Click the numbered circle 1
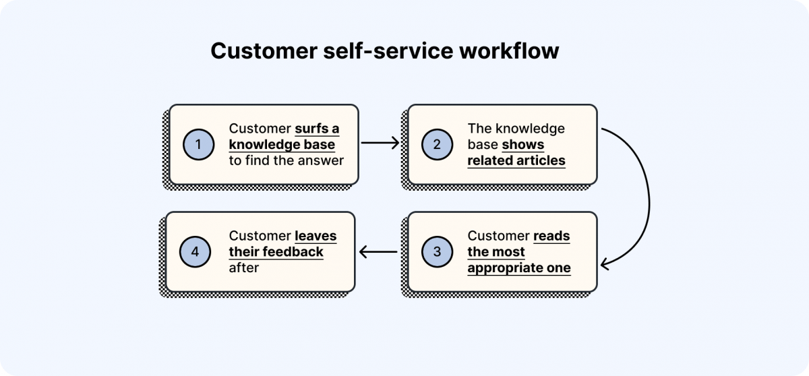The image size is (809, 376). pos(198,144)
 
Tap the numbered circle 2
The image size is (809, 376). pos(437,144)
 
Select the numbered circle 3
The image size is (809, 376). pos(437,252)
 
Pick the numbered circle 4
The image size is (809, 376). pos(195,252)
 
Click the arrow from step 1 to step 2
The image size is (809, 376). pos(380,143)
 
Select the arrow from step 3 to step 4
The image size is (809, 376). pos(379,253)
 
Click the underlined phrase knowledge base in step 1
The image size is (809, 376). pos(282,144)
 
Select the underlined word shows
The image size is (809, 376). pos(522,144)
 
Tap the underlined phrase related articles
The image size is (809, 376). pos(516,160)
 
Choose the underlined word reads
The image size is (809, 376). pos(551,237)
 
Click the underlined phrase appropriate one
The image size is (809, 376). pos(519,268)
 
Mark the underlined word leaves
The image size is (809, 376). pos(316,237)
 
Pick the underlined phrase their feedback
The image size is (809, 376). pos(276,252)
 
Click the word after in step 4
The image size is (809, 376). pos(244,268)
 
